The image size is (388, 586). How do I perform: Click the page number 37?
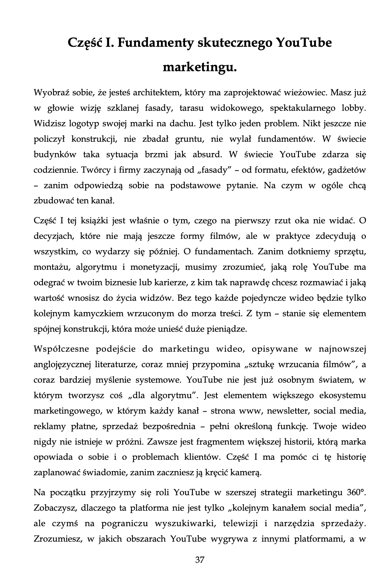[x=200, y=560]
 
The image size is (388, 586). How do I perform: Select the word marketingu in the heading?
[x=200, y=67]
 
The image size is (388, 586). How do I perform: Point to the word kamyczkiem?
[x=102, y=314]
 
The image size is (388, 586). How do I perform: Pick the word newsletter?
[x=288, y=411]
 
